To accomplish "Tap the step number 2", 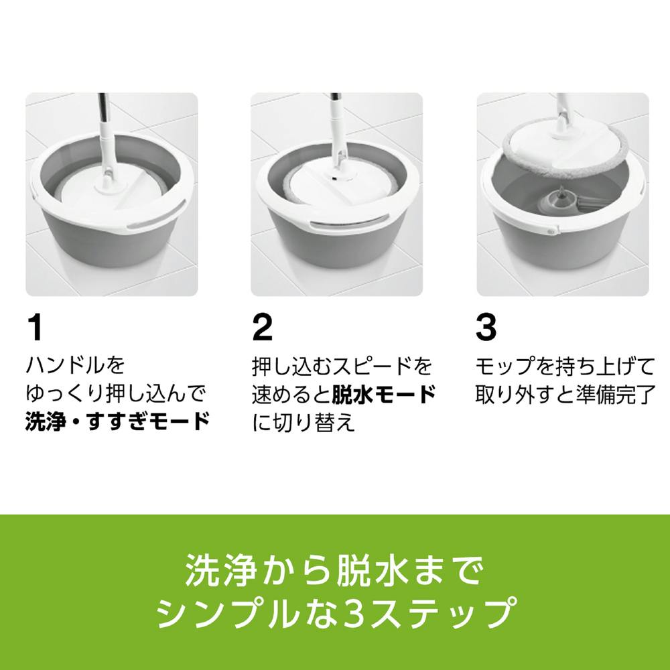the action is (263, 328).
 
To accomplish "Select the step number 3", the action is (486, 328).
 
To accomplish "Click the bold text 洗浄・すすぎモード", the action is (117, 421).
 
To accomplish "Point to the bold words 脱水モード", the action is (384, 395).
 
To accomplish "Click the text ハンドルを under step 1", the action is (76, 366).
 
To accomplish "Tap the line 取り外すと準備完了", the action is (565, 395).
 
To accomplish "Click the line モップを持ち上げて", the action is (565, 366).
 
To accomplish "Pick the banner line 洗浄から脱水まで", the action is (335, 570).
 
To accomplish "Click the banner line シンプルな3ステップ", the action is (335, 612).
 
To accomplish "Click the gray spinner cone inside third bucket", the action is (555, 198).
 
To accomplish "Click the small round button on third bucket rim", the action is (550, 230).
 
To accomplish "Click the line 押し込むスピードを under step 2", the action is (342, 366).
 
